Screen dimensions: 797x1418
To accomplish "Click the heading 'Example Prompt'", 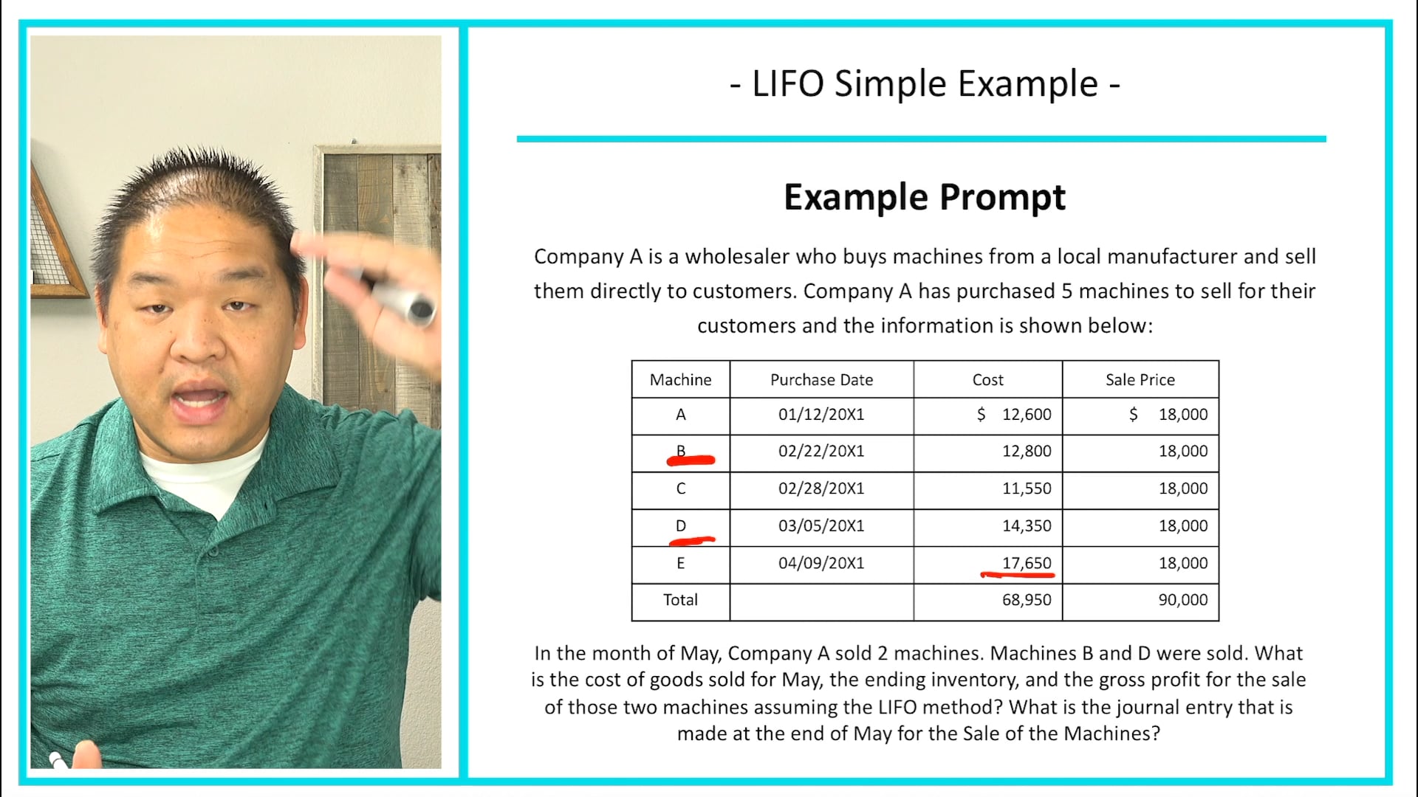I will (924, 198).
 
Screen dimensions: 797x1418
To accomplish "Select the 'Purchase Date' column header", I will (821, 380).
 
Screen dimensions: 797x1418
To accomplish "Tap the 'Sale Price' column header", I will (1140, 380).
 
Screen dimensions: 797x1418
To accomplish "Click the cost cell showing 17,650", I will (1026, 563).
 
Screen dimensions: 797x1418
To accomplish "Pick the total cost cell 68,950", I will (1026, 600).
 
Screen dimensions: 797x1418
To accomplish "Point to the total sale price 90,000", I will (1182, 600).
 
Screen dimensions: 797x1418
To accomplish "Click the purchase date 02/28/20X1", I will (821, 489).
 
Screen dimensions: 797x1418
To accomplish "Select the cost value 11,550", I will (1026, 489).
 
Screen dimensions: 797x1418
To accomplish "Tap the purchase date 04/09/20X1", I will (821, 563).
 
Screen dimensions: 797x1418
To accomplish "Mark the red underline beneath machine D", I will (691, 541).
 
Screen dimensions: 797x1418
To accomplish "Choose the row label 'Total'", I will (680, 600).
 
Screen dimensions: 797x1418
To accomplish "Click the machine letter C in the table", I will (680, 489).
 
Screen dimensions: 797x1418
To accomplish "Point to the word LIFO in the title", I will (787, 83).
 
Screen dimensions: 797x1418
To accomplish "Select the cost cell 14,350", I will (1026, 526).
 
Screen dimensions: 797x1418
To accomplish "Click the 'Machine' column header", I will (680, 380).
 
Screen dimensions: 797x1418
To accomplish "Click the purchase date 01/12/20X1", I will (821, 415).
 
